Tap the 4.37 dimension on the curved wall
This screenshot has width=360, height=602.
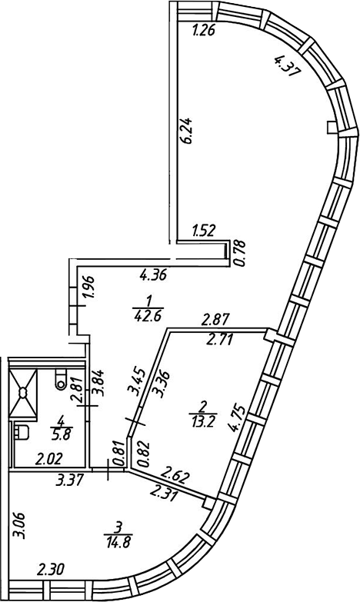pos(286,65)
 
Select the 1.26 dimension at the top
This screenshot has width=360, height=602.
pos(203,30)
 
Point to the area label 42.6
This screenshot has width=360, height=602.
pos(148,315)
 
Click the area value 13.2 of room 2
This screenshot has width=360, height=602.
pos(203,421)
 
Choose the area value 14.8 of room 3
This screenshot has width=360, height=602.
pos(118,544)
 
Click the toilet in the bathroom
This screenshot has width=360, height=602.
pos(61,379)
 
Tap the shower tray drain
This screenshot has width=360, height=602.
pos(23,393)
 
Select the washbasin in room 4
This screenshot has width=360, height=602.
pos(22,432)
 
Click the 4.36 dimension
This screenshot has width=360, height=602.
pos(153,275)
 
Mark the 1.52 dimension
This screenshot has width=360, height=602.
pos(203,231)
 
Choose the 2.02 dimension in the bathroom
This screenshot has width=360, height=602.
pos(48,459)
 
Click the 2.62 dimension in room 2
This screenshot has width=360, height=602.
pos(176,476)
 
